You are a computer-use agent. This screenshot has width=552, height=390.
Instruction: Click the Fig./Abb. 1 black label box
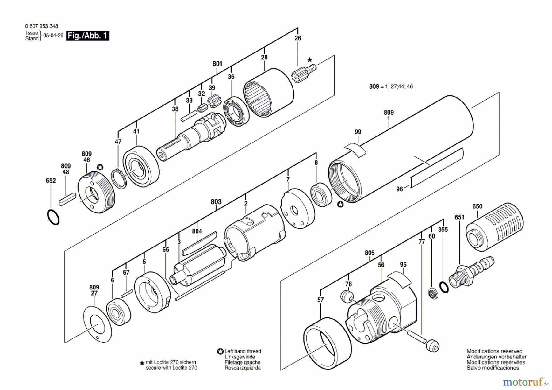pyautogui.click(x=88, y=36)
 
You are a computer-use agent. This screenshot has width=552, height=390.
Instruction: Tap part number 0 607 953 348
pyautogui.click(x=41, y=26)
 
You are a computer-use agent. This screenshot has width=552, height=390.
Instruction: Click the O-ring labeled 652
pyautogui.click(x=53, y=217)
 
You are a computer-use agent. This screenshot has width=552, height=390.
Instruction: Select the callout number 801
pyautogui.click(x=217, y=64)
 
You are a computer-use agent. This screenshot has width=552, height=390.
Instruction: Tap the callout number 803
pyautogui.click(x=216, y=202)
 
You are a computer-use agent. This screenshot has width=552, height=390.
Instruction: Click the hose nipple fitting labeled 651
pyautogui.click(x=471, y=272)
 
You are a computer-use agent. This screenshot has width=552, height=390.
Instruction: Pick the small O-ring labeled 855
pyautogui.click(x=444, y=288)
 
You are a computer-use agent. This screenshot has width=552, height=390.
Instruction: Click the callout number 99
pyautogui.click(x=358, y=132)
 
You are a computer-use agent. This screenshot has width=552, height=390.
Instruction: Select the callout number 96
pyautogui.click(x=399, y=189)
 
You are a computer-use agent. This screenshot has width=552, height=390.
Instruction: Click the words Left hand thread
pyautogui.click(x=243, y=351)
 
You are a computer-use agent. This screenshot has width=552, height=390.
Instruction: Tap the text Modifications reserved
pyautogui.click(x=494, y=351)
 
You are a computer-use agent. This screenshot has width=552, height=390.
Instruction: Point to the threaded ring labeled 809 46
pyautogui.click(x=96, y=193)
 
